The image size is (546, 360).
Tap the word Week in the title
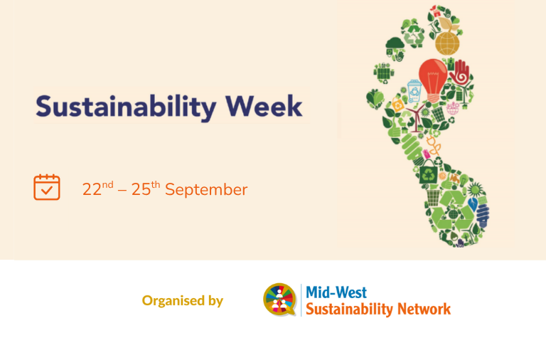[x=264, y=106]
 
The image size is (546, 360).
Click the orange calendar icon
[x=47, y=187]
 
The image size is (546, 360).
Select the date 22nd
[x=98, y=189]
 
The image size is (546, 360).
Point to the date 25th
[x=146, y=189]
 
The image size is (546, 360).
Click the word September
[x=206, y=190]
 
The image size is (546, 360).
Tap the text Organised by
[x=183, y=301]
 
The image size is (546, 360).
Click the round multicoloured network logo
[x=279, y=300]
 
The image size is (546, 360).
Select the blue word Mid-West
[x=336, y=292]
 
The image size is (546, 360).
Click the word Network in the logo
[x=424, y=309]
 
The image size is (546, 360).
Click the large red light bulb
[x=433, y=80]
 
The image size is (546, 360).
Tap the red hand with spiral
[x=460, y=73]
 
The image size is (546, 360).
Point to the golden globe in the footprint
[x=447, y=43]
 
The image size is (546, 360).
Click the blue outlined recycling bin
[x=414, y=91]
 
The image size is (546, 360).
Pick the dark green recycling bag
[x=428, y=172]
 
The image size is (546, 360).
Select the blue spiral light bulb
[x=483, y=216]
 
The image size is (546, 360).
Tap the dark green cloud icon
[x=395, y=43]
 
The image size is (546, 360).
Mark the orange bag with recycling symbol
[x=397, y=105]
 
